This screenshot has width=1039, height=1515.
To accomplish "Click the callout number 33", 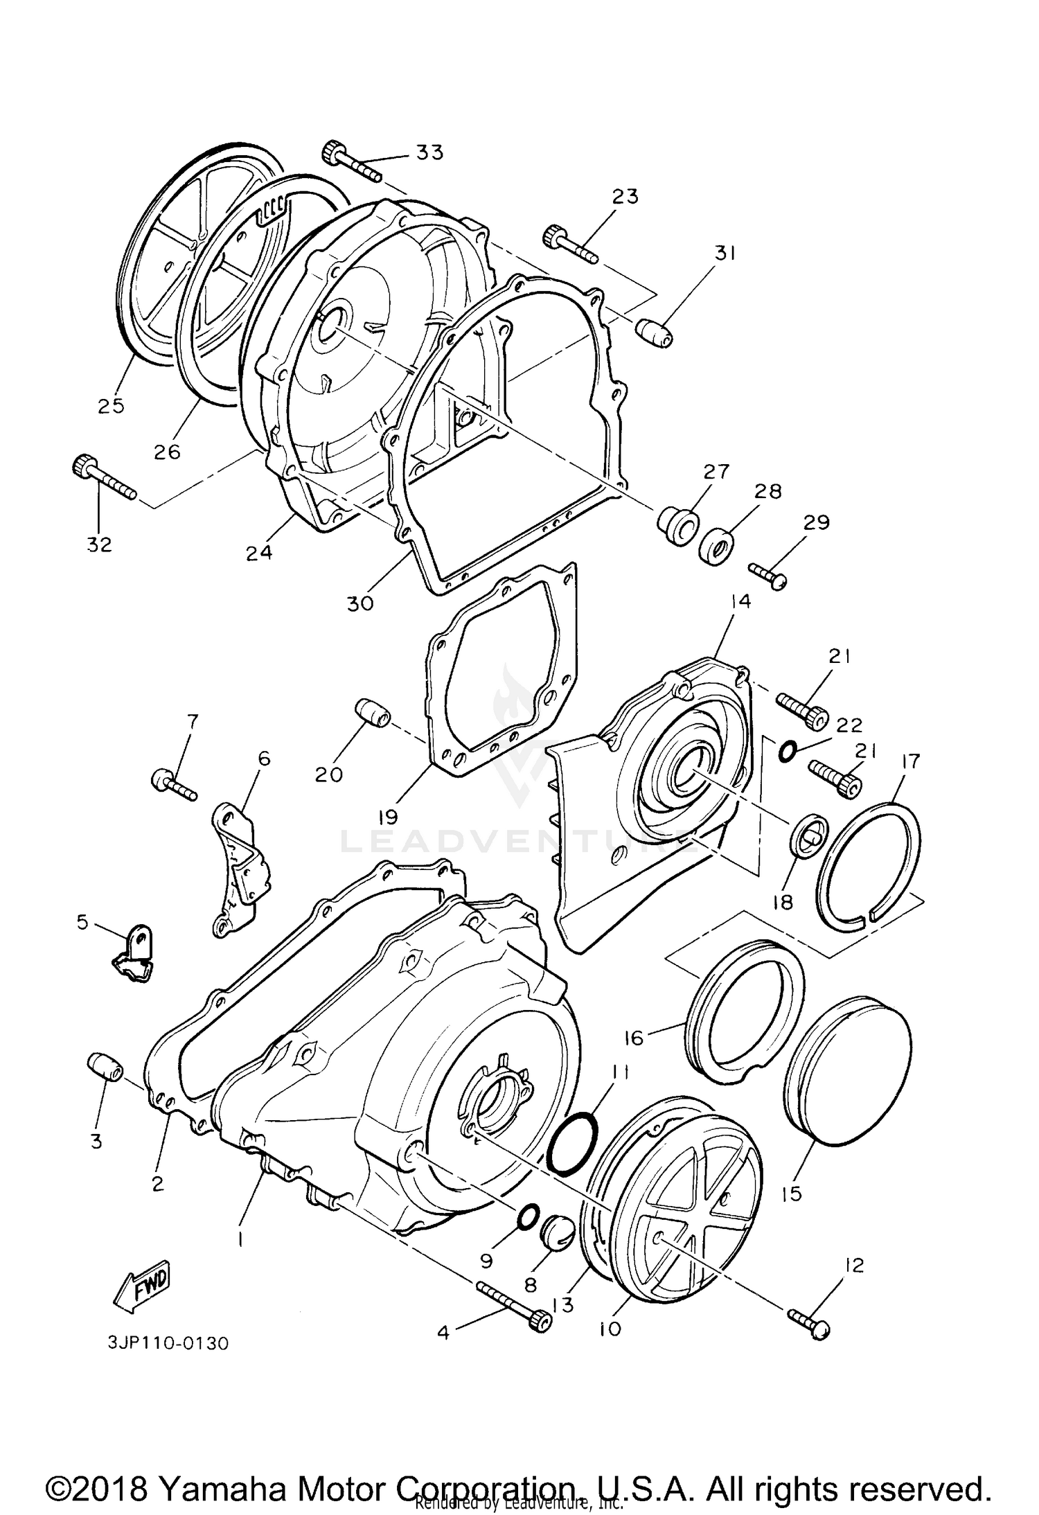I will point(429,152).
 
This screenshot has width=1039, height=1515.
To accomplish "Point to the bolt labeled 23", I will point(569,245).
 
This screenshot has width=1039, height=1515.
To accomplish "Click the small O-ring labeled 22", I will point(788,750).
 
